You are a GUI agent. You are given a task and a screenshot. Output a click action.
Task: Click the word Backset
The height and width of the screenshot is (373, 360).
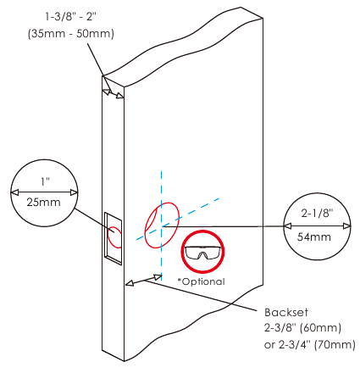[x=286, y=312]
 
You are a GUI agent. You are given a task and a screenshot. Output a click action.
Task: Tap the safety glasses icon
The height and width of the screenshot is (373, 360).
[x=202, y=252]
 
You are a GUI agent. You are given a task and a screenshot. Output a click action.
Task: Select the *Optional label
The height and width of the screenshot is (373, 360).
[x=201, y=281]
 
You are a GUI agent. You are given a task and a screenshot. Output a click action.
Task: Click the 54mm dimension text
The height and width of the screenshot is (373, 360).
[x=314, y=237]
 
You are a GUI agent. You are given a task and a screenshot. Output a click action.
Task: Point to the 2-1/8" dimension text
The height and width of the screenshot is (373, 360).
[x=317, y=213]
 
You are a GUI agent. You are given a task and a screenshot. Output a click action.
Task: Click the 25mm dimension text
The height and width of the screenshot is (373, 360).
[x=43, y=203]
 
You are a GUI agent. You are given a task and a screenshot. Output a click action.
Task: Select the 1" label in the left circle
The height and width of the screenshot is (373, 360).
[x=45, y=181]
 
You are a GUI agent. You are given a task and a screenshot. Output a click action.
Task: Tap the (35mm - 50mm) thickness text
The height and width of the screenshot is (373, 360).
[x=71, y=34]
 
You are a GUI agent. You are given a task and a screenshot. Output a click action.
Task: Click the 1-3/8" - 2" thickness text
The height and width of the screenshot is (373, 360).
[x=71, y=17]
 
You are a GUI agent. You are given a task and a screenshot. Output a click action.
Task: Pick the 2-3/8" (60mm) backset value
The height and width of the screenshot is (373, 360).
[x=302, y=328]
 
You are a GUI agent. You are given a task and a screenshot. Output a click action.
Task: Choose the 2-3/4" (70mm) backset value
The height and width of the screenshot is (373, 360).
[x=317, y=344]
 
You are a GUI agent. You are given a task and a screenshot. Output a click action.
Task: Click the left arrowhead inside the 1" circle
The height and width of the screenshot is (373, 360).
[x=14, y=192]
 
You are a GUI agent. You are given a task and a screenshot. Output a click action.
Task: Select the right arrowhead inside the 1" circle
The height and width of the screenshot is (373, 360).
[x=74, y=192]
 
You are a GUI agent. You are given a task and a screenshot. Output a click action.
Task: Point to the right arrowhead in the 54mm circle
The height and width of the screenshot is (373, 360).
[x=346, y=226]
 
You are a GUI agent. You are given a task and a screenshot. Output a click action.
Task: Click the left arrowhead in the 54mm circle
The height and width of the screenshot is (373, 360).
[x=287, y=226]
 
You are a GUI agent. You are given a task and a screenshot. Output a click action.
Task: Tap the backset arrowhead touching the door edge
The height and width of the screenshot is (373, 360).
[x=130, y=283]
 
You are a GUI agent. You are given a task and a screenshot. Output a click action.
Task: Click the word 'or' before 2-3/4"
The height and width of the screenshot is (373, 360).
[x=269, y=345]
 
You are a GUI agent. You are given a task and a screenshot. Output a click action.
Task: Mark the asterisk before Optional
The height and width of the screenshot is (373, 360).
[x=180, y=280]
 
